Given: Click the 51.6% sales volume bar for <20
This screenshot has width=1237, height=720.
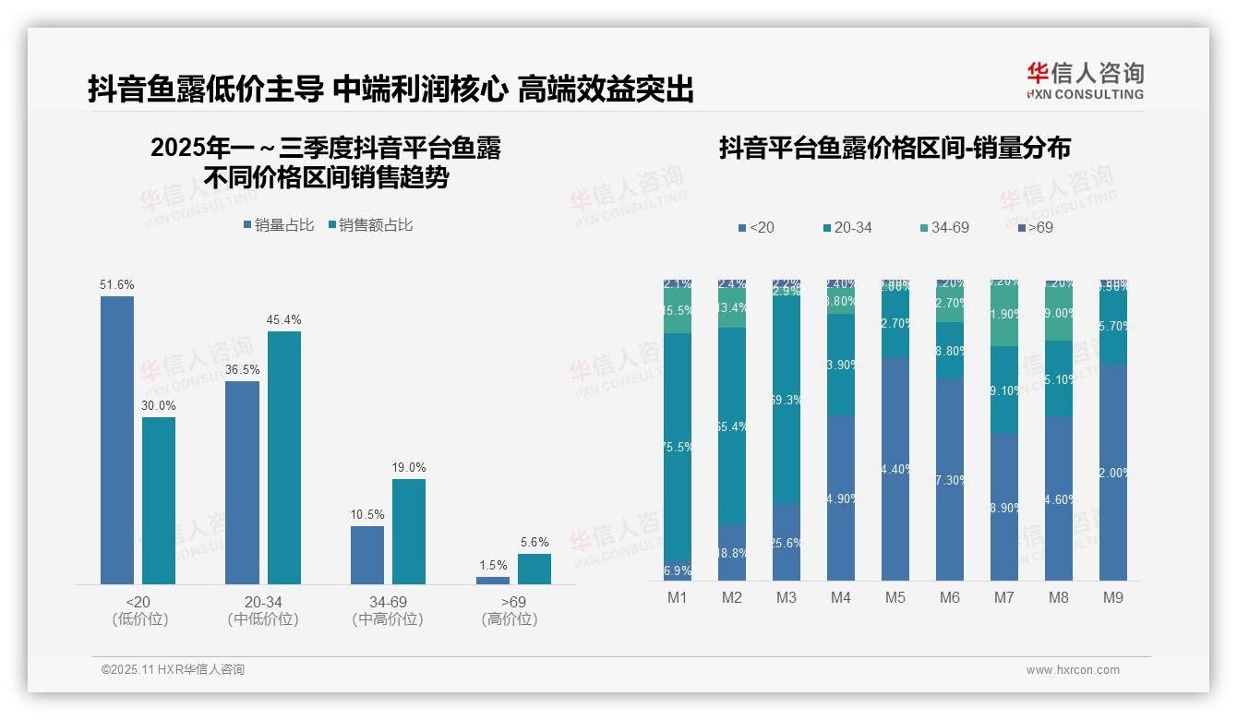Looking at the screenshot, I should [x=117, y=439].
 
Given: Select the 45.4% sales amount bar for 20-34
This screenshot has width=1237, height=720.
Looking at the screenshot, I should [x=284, y=457].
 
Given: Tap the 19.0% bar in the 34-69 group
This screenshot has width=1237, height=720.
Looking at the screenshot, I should [x=409, y=531].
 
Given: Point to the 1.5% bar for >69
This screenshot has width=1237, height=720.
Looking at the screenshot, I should [x=493, y=581].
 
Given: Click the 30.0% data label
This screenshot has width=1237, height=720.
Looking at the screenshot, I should [x=159, y=405].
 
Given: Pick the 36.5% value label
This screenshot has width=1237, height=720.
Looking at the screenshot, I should [x=242, y=369].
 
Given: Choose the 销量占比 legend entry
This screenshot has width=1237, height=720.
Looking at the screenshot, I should [x=279, y=225].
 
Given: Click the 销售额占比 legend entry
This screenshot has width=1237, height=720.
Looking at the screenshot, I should [x=370, y=225].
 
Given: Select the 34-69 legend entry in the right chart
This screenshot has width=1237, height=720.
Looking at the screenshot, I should [x=944, y=227].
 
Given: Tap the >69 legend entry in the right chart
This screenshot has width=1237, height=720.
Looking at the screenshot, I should [x=1035, y=227].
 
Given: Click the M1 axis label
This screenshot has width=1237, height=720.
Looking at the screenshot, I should [x=678, y=598].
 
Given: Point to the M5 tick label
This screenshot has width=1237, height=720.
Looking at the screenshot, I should [x=895, y=598].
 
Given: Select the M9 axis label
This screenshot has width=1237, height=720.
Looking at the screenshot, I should [x=1113, y=598].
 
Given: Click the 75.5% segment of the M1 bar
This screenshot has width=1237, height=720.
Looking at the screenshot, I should [x=678, y=447].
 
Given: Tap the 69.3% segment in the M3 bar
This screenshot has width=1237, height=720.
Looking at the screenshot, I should [x=787, y=400].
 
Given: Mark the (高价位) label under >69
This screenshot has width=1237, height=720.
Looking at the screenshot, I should [x=510, y=619].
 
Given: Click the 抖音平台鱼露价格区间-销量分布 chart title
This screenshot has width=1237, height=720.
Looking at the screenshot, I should [x=895, y=149].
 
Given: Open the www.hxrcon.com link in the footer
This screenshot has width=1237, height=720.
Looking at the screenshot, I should [x=1073, y=670].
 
